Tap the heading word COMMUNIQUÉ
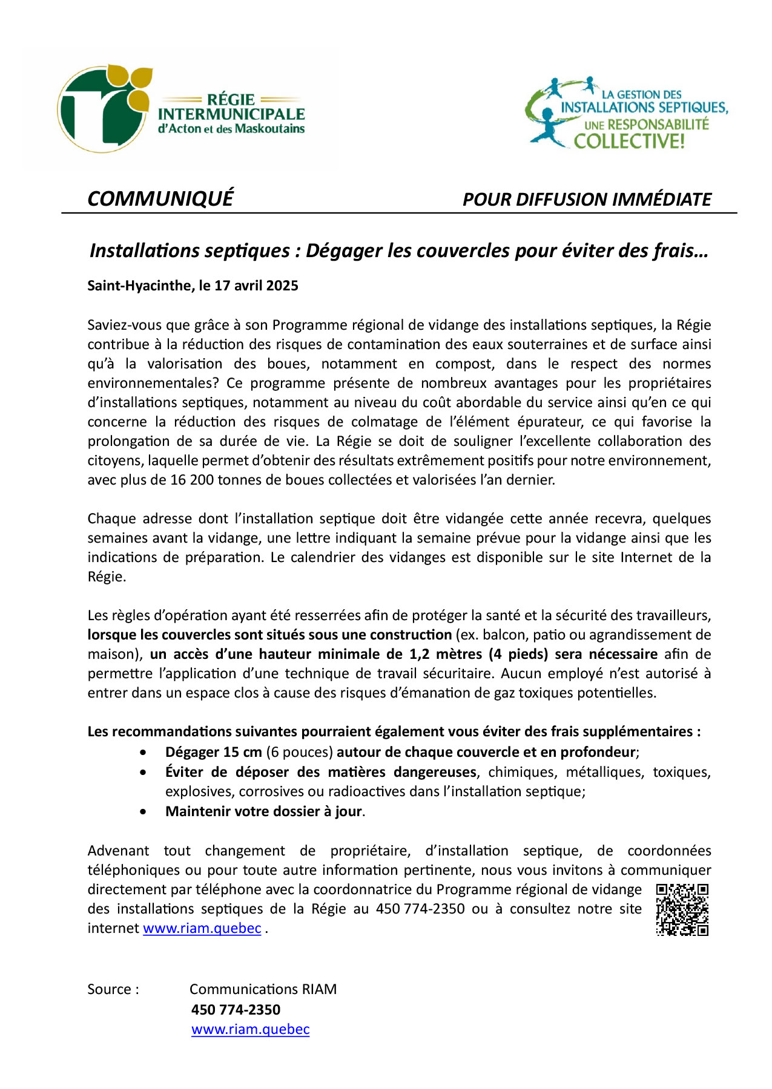[160, 199]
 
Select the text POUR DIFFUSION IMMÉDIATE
[587, 200]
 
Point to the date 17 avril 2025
[256, 286]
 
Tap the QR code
[682, 909]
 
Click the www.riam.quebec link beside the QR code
[202, 928]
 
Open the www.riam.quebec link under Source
[251, 1029]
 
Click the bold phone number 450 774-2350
[236, 1009]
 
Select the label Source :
[113, 989]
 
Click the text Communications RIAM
[263, 989]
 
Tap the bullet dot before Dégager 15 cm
[143, 753]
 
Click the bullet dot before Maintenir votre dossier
[143, 812]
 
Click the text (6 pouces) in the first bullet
[300, 752]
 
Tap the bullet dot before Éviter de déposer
[143, 773]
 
